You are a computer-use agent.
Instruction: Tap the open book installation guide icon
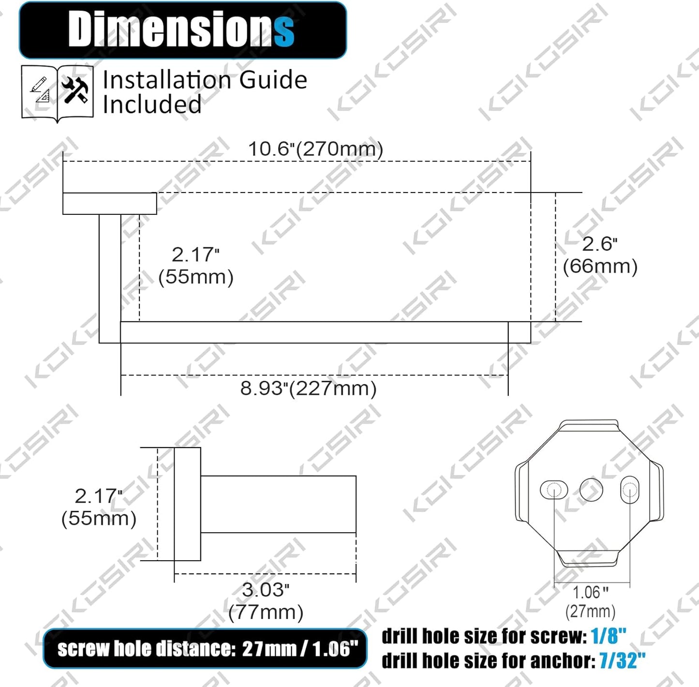click(x=57, y=93)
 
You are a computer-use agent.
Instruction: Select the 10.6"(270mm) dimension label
click(x=315, y=149)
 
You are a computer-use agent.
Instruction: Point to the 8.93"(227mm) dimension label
click(x=308, y=388)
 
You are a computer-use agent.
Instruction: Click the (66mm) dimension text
click(x=600, y=266)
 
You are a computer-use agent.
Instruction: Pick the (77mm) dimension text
click(x=266, y=612)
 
